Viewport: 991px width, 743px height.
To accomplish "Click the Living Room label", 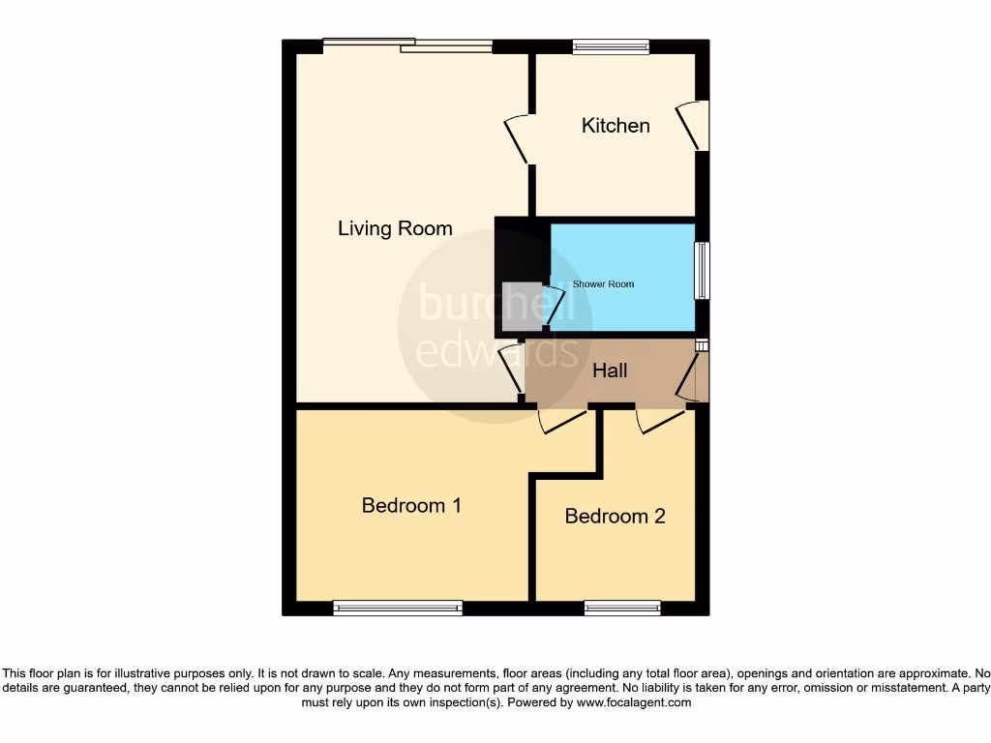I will (x=395, y=228).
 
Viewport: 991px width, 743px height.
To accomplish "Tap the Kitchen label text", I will (x=616, y=126).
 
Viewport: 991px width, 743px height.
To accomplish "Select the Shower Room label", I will (x=603, y=284).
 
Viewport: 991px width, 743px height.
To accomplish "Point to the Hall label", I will (x=610, y=371).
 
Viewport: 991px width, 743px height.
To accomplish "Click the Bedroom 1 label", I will (x=411, y=505).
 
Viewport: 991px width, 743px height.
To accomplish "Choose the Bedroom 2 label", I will (x=615, y=516).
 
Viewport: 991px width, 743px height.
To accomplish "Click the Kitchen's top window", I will (x=611, y=45).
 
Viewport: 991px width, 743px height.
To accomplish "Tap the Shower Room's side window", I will (x=702, y=270).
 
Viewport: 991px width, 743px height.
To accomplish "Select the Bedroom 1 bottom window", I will (x=398, y=608).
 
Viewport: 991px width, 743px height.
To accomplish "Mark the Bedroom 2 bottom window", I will (x=622, y=608).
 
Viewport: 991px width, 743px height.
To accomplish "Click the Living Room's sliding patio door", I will (x=407, y=45).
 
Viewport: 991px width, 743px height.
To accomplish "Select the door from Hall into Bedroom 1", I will (x=562, y=419).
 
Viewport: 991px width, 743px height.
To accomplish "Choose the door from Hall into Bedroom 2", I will (x=661, y=419).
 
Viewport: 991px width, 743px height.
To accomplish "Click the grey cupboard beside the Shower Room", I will (x=522, y=301).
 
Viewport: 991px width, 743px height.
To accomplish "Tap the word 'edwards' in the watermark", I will (x=496, y=350).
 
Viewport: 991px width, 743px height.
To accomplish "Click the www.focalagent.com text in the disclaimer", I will (x=633, y=703).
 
